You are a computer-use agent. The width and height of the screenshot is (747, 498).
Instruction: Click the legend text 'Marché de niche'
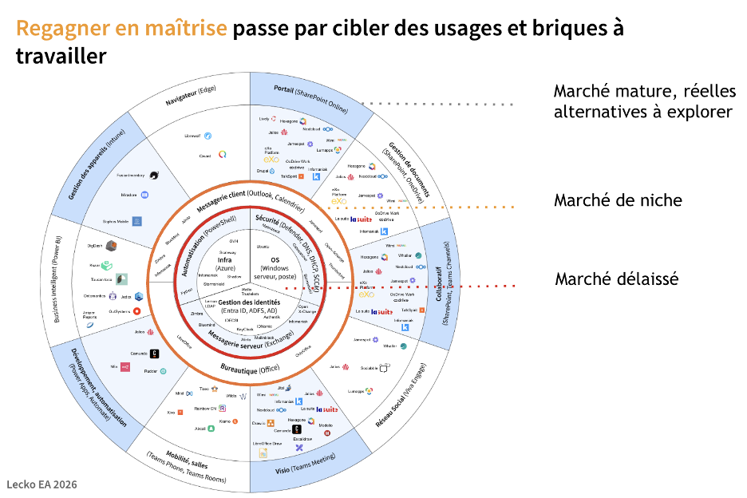(618, 200)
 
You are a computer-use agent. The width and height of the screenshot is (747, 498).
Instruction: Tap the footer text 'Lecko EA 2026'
(41, 484)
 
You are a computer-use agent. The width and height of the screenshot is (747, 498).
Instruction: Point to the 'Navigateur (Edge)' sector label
(192, 97)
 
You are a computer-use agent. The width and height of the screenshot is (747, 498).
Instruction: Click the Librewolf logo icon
(207, 136)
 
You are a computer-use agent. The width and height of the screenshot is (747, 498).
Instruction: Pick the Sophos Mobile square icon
(137, 221)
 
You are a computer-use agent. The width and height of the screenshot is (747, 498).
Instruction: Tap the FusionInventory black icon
(153, 175)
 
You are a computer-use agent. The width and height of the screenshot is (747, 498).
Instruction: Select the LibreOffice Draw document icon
(262, 453)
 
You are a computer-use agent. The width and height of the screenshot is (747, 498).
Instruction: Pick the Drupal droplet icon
(283, 170)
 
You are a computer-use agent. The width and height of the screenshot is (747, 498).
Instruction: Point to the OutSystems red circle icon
(137, 310)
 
